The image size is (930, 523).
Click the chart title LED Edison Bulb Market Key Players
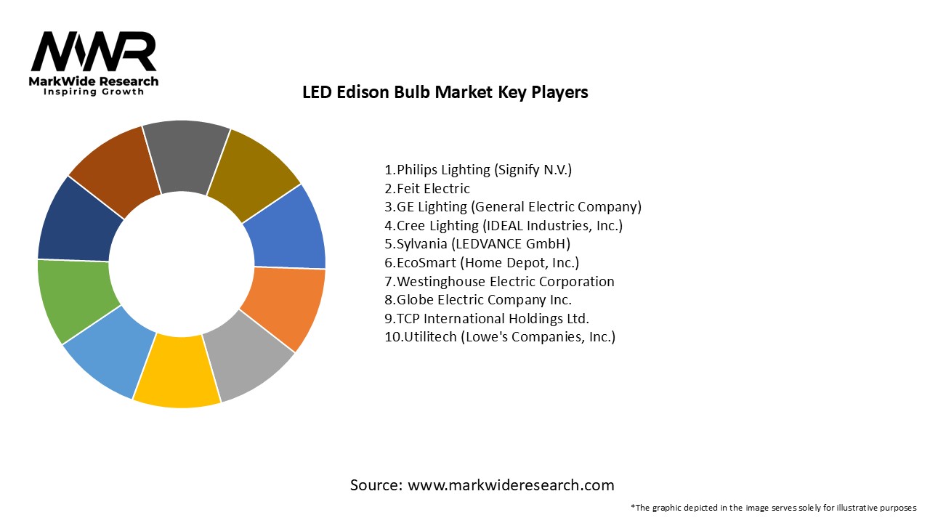(x=445, y=93)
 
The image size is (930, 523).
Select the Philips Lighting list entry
(x=478, y=170)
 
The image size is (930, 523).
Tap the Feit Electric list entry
(x=427, y=189)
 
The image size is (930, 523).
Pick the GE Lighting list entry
(x=513, y=207)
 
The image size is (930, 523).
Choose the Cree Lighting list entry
(x=504, y=226)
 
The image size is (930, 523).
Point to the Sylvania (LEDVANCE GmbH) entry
(x=477, y=244)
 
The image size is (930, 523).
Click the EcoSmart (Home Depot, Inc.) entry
(x=482, y=263)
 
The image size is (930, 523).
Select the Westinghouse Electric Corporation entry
(x=499, y=281)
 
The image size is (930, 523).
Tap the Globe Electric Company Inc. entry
(x=478, y=300)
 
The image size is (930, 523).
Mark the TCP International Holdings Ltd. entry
(x=487, y=318)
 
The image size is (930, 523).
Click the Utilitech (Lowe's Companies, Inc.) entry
(x=500, y=337)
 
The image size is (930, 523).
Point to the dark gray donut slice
(x=185, y=156)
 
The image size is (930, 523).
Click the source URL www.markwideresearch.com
(x=511, y=485)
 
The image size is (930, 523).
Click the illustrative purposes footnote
(x=774, y=508)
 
